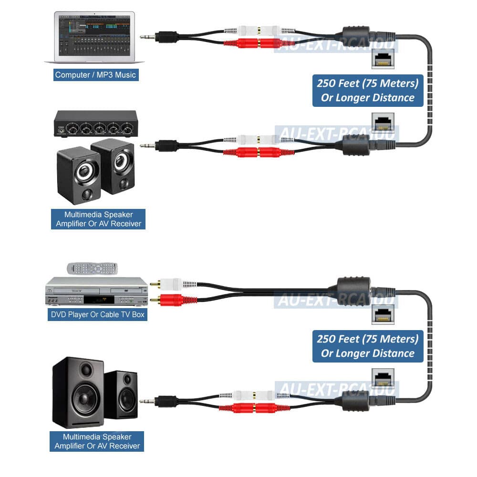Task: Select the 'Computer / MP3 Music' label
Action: (x=95, y=75)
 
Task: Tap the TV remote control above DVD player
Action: (x=92, y=268)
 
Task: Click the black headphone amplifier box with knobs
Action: (x=95, y=124)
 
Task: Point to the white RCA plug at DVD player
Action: (x=167, y=284)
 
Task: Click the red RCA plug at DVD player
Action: (x=167, y=300)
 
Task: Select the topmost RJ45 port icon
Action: (x=383, y=61)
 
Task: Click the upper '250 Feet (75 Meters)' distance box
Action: (x=367, y=90)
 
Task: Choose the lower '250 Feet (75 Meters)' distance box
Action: (x=367, y=346)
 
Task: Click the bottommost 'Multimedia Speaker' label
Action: (x=97, y=441)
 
